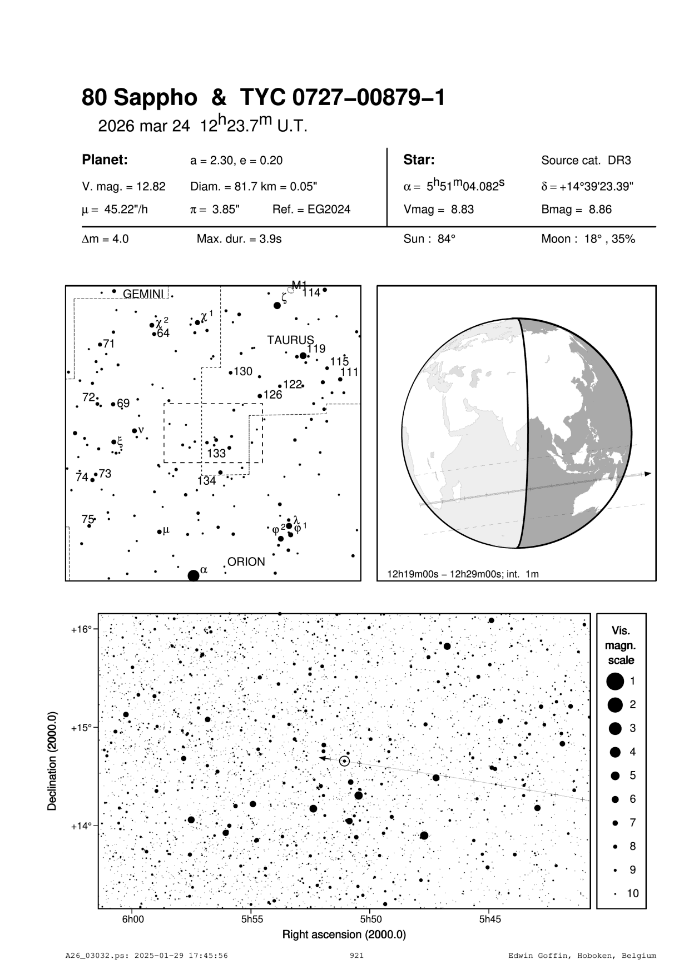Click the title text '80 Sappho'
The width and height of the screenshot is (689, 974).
pyautogui.click(x=139, y=98)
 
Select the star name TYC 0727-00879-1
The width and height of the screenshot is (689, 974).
pyautogui.click(x=342, y=98)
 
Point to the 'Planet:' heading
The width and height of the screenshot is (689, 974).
pyautogui.click(x=105, y=160)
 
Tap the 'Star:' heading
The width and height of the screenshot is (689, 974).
pyautogui.click(x=419, y=160)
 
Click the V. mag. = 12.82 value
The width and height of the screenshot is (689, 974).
pyautogui.click(x=123, y=187)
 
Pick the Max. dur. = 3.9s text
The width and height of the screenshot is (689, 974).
pyautogui.click(x=239, y=240)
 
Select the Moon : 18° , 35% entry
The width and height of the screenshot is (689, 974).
pyautogui.click(x=588, y=240)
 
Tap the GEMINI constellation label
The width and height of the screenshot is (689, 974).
pyautogui.click(x=143, y=294)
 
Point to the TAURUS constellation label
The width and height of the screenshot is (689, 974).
pyautogui.click(x=290, y=340)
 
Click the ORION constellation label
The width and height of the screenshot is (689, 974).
pyautogui.click(x=246, y=561)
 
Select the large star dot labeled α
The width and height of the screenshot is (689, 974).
pyautogui.click(x=194, y=575)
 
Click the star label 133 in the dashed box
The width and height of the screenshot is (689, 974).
pyautogui.click(x=216, y=454)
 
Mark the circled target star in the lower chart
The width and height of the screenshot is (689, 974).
pyautogui.click(x=344, y=761)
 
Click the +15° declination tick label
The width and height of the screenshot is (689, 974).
pyautogui.click(x=81, y=728)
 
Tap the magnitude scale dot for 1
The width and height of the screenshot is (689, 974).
pyautogui.click(x=615, y=680)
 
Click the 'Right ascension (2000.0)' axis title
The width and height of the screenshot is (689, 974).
pyautogui.click(x=344, y=935)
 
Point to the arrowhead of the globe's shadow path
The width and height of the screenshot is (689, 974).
pyautogui.click(x=647, y=474)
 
